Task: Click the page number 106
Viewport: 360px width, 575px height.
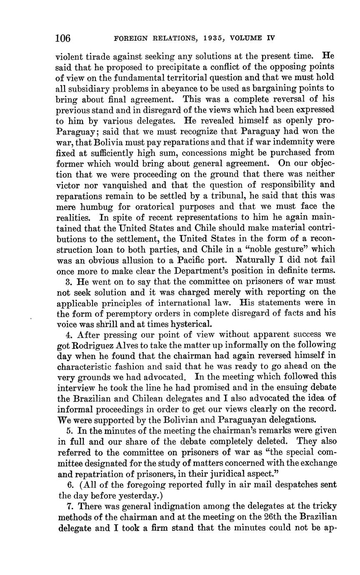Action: [63, 38]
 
